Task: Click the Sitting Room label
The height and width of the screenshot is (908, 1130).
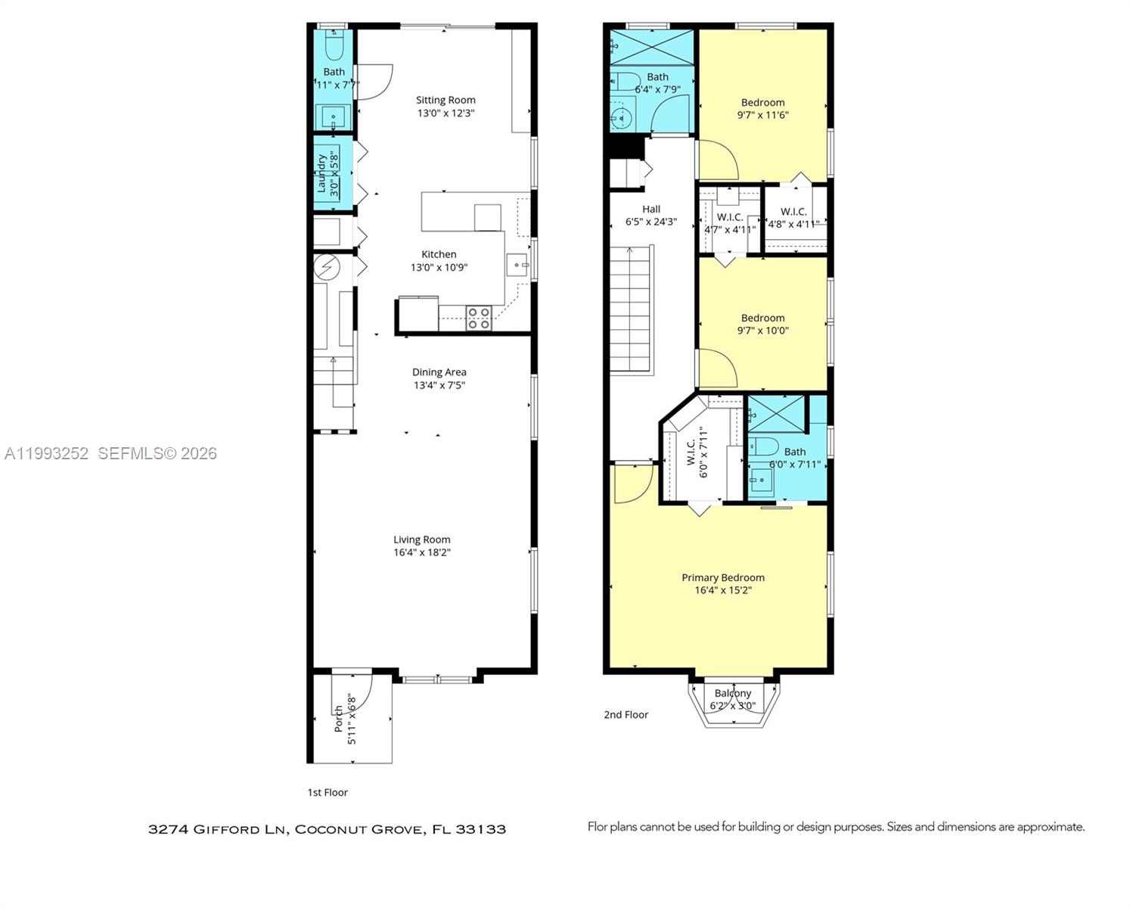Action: (445, 100)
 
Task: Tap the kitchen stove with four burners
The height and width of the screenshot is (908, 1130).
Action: (479, 318)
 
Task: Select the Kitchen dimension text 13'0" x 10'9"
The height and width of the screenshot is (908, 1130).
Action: (439, 267)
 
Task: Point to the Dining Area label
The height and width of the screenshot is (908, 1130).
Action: (439, 372)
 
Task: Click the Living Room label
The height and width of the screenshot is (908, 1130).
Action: (421, 540)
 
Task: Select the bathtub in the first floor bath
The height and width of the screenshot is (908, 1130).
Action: (334, 46)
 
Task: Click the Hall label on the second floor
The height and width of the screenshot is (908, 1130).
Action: (651, 209)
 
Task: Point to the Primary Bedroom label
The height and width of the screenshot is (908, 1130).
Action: (723, 577)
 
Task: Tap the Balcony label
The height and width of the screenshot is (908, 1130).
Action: (733, 693)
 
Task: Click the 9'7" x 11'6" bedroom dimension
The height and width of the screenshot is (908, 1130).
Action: (762, 115)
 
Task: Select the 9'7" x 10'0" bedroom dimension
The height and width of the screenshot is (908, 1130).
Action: (762, 331)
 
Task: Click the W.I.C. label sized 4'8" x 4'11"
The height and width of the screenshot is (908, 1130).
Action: (793, 212)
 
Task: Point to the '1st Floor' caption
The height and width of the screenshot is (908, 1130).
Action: (327, 792)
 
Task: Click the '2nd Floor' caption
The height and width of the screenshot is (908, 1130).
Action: (626, 714)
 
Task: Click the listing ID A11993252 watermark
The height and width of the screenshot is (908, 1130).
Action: (47, 453)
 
